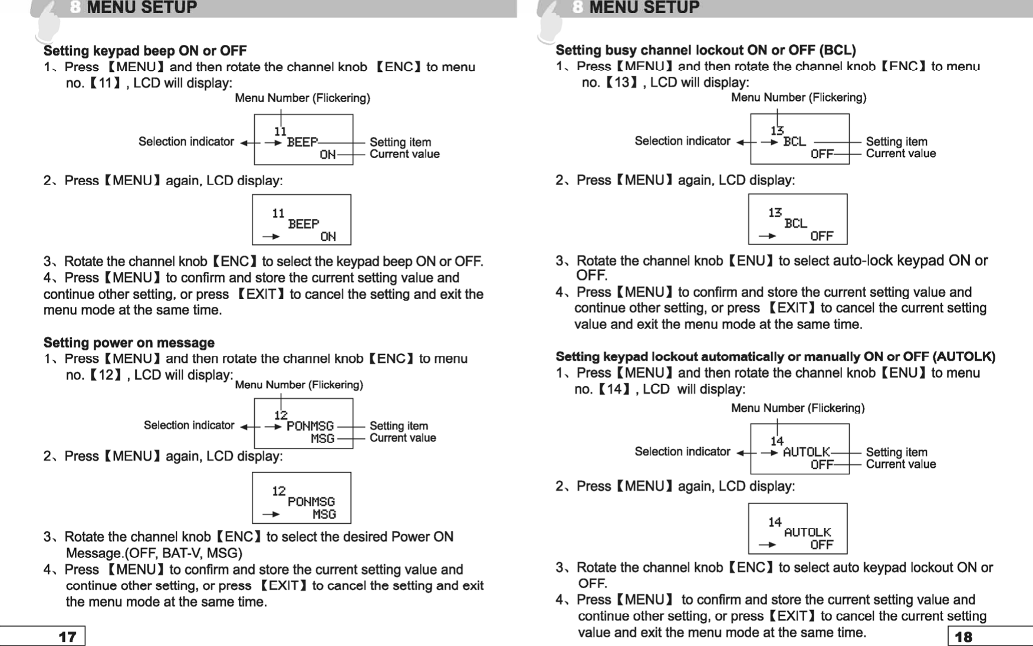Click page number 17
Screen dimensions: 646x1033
67,637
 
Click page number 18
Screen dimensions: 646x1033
963,637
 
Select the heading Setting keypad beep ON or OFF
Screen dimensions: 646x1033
145,51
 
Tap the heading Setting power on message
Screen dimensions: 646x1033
129,343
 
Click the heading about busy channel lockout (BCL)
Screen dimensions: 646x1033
705,50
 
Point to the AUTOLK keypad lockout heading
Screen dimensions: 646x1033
775,357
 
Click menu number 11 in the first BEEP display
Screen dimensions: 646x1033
280,131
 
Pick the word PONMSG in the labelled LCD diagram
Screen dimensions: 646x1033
310,426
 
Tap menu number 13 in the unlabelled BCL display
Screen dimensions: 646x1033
775,212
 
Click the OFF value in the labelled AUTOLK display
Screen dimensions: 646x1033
821,465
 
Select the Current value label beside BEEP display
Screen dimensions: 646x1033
404,155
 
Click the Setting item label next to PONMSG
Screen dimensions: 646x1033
399,426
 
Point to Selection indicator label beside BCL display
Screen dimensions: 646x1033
682,141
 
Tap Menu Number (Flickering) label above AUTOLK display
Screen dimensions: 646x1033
798,408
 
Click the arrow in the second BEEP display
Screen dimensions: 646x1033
271,237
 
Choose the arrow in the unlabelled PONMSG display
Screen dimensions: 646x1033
271,514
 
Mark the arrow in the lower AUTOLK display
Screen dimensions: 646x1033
768,545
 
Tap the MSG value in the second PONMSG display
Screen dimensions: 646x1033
324,514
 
